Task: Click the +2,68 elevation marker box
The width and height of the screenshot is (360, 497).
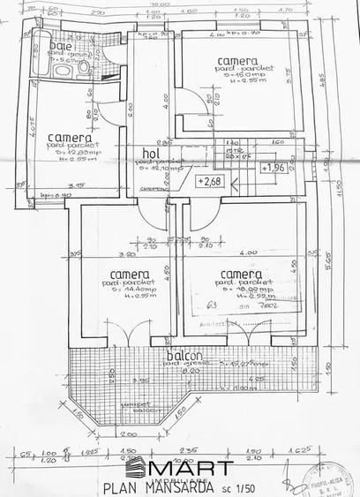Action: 210,182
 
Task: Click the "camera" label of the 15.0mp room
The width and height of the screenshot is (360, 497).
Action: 239,60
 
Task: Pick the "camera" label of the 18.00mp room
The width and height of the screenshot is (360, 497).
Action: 241,274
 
